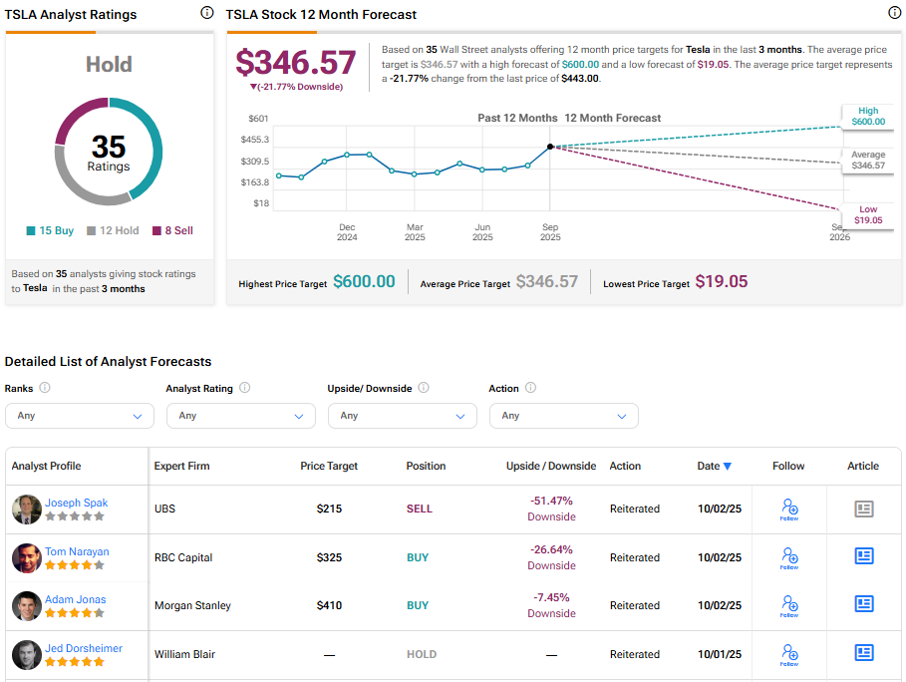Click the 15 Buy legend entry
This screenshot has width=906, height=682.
click(x=50, y=230)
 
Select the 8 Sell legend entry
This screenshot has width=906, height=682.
click(x=172, y=230)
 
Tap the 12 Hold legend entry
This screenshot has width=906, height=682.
click(x=112, y=230)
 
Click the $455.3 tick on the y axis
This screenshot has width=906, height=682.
click(x=255, y=140)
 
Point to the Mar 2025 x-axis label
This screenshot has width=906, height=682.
click(x=415, y=232)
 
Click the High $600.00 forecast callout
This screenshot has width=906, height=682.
click(x=867, y=116)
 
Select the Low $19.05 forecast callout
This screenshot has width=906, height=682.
click(x=867, y=214)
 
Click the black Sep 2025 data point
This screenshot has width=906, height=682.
click(x=550, y=147)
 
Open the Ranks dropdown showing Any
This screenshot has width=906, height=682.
click(x=80, y=416)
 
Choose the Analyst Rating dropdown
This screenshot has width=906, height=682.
click(x=241, y=416)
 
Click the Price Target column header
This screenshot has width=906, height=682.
click(x=329, y=466)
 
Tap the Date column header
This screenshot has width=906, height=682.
click(x=714, y=466)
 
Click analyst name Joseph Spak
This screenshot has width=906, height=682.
click(x=76, y=503)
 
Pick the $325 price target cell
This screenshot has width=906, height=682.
click(x=329, y=557)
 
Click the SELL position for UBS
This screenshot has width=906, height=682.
click(x=420, y=509)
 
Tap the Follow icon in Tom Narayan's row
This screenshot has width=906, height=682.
click(x=789, y=557)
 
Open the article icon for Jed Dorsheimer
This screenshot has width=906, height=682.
click(x=864, y=653)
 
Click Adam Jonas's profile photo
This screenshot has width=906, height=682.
click(x=27, y=606)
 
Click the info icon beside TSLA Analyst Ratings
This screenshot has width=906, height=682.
click(x=206, y=13)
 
